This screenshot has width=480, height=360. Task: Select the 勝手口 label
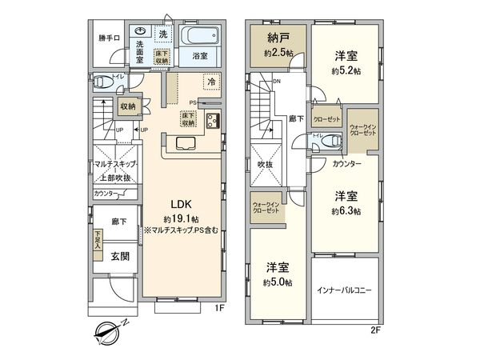[x=109, y=38]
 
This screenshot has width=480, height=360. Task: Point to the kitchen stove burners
[x=213, y=122]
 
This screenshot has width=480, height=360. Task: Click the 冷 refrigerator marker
[x=211, y=82]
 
